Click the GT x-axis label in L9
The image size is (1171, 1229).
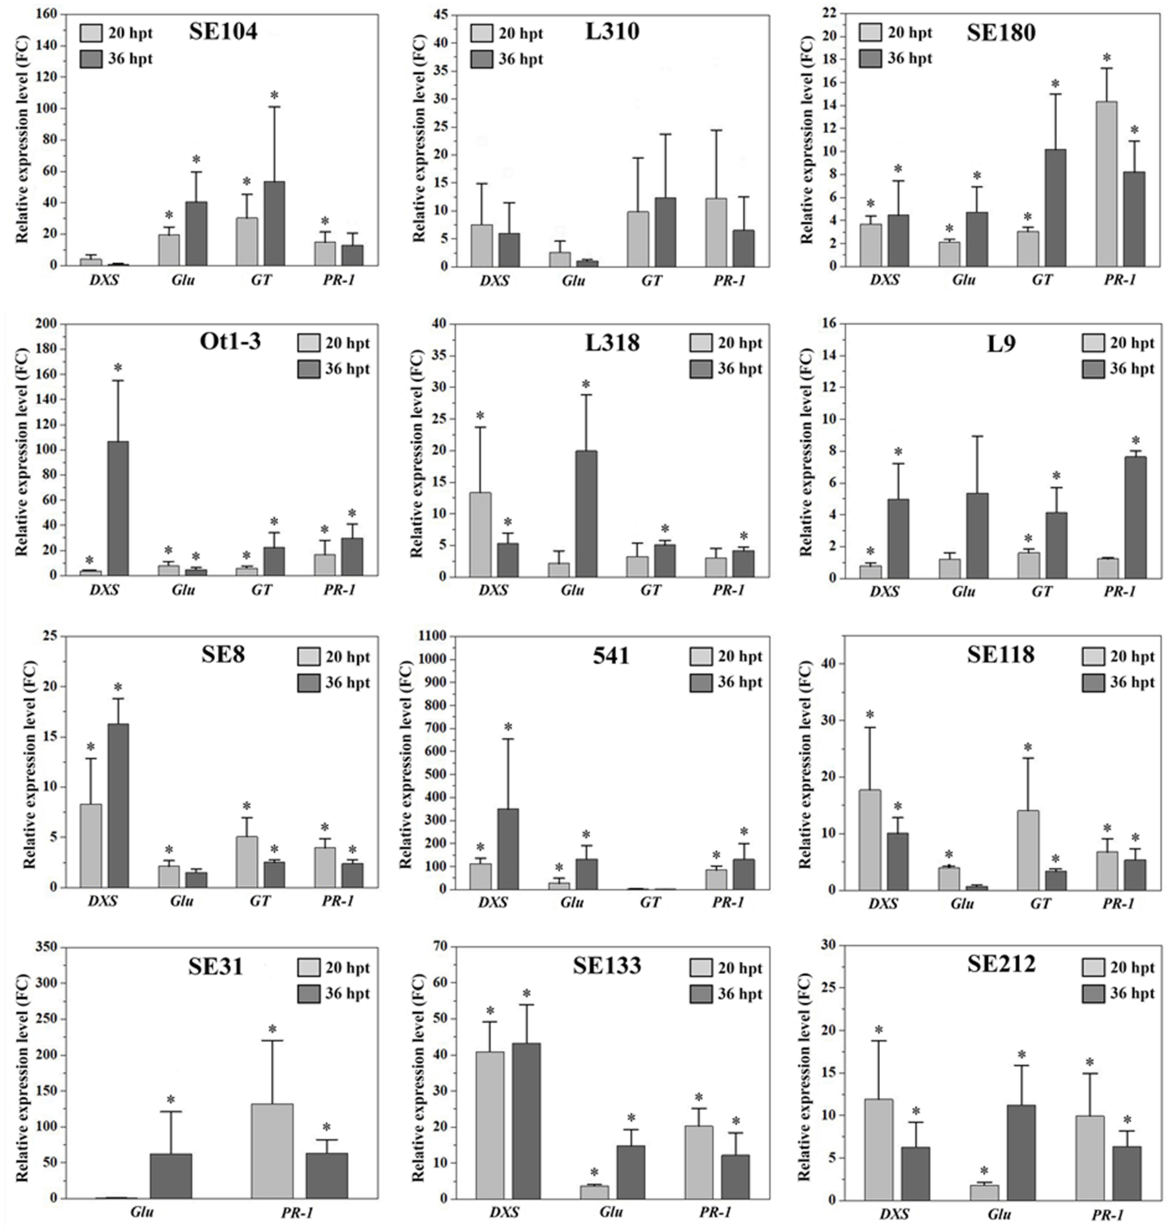pos(1041,591)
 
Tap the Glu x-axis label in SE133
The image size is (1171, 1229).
pos(611,1212)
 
